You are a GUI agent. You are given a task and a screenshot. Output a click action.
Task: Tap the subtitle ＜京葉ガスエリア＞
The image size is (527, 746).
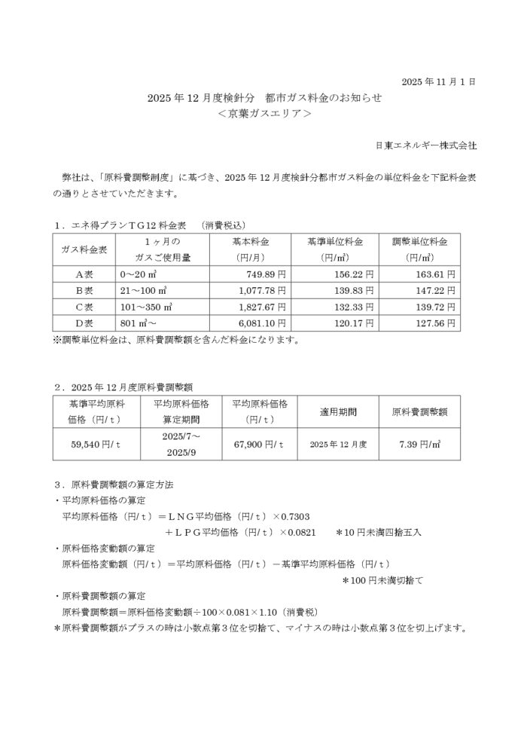point(263,114)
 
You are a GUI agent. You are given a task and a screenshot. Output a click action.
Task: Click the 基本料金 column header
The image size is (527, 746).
point(250,242)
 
